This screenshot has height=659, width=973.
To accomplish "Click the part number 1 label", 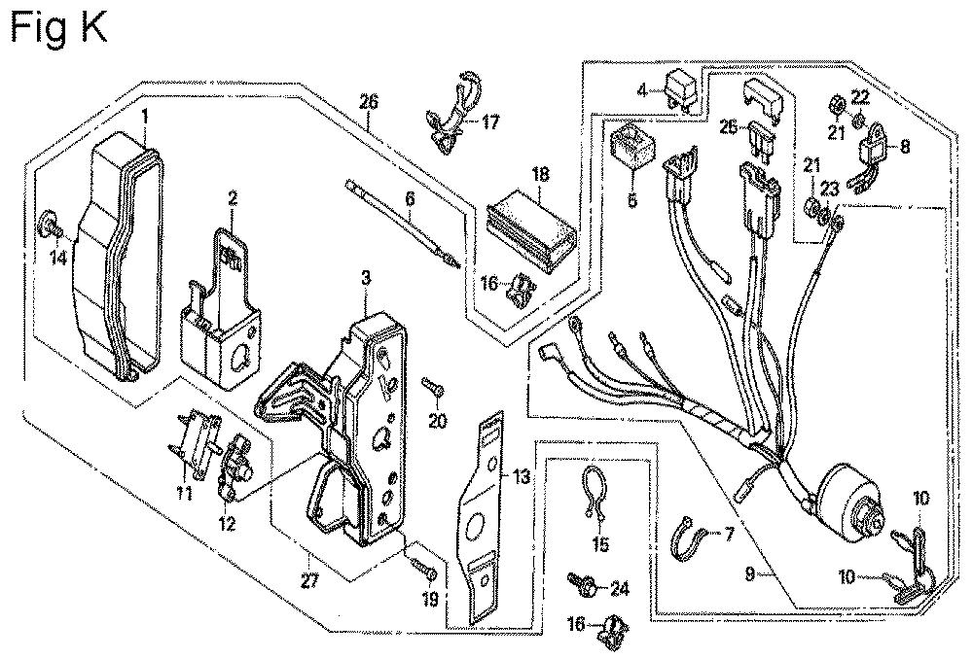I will click(144, 117).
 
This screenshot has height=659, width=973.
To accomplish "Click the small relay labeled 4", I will click(682, 90).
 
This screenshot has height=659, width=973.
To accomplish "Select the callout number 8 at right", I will click(905, 148).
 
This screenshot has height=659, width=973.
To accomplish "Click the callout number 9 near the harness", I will click(748, 574).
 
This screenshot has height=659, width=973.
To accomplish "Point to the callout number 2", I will click(233, 198).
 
